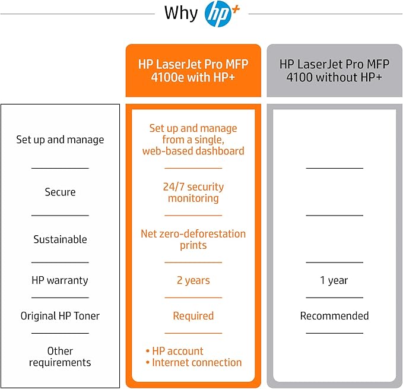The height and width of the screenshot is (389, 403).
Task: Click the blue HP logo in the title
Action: [x=217, y=14]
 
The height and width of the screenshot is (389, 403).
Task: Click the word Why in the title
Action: [x=181, y=14]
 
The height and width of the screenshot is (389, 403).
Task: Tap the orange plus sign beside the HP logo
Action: [x=236, y=10]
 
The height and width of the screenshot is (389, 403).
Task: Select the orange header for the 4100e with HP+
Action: [x=193, y=71]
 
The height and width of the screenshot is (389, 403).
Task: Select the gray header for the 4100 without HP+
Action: [x=334, y=71]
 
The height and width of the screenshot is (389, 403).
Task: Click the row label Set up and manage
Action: [x=60, y=140]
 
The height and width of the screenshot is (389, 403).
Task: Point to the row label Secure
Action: [x=60, y=192]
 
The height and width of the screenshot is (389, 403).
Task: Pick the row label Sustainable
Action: [x=60, y=239]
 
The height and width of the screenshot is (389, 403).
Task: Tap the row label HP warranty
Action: [x=60, y=280]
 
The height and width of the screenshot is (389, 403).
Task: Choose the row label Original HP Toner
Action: [x=60, y=316]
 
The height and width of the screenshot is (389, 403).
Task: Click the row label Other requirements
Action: [x=60, y=356]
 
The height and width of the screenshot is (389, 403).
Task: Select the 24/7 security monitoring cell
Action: [x=193, y=192]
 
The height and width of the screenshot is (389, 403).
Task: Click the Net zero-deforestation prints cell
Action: [x=193, y=239]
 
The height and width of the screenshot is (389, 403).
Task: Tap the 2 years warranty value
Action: [x=193, y=280]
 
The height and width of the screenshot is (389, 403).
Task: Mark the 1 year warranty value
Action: [x=334, y=280]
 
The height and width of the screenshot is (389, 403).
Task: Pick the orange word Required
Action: [x=193, y=316]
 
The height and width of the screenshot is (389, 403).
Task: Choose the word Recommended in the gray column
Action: [x=334, y=316]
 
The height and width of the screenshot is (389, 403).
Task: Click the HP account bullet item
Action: [x=174, y=351]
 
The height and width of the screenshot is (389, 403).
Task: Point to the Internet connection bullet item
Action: [x=194, y=362]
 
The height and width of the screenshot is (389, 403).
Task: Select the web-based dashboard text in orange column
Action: [x=193, y=151]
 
